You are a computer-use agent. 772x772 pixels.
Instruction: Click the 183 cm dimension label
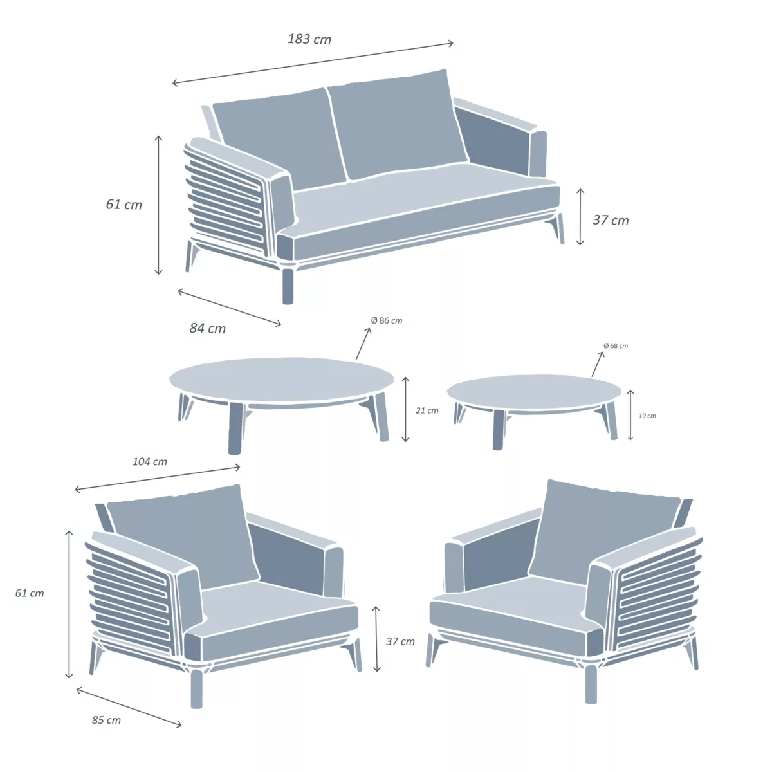point(309,39)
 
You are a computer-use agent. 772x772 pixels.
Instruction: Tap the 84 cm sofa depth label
point(208,329)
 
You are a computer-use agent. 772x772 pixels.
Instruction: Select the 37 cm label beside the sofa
point(611,220)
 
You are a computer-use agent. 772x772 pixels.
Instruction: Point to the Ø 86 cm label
point(387,320)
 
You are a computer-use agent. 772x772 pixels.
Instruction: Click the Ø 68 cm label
point(616,346)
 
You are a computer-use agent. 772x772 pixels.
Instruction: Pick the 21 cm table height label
point(427,410)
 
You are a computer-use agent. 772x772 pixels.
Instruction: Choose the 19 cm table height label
point(647,416)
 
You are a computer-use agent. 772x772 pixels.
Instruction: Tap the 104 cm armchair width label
point(150,462)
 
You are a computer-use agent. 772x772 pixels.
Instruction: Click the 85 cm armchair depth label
point(106,720)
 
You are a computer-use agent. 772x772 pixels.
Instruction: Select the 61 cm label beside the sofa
point(124,205)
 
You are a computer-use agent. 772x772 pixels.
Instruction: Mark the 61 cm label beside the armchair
point(30,593)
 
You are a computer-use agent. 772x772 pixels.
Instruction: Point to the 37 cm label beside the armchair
point(400,641)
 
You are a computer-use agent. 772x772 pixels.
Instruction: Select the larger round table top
point(281,380)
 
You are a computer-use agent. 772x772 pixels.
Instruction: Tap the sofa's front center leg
point(288,286)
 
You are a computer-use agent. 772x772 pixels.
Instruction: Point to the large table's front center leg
point(235,428)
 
